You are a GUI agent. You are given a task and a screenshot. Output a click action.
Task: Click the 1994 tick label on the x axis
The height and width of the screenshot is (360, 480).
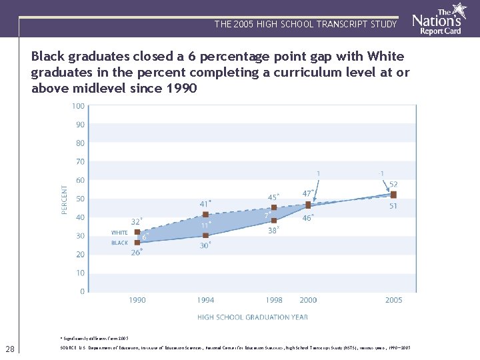(x=205, y=300)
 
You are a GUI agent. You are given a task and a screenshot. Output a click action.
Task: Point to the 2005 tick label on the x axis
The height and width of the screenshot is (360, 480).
(x=393, y=300)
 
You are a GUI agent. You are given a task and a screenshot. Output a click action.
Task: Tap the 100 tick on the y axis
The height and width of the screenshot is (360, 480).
(x=78, y=106)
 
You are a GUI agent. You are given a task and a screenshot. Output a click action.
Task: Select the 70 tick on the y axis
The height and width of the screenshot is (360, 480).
(x=79, y=162)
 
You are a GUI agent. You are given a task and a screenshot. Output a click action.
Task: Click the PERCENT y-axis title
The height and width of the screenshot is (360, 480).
(x=65, y=199)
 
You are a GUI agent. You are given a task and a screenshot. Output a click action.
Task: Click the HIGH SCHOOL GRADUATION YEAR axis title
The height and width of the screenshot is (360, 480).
(x=252, y=317)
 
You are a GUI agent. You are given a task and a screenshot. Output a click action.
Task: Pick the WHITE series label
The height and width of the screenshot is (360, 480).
(x=119, y=233)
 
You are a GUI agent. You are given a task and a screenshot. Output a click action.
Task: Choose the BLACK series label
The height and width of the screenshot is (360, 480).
(x=119, y=243)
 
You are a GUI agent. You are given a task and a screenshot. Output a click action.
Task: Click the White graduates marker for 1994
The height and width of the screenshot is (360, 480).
(x=205, y=215)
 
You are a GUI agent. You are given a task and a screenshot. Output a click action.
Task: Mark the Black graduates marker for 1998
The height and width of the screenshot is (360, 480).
(x=273, y=220)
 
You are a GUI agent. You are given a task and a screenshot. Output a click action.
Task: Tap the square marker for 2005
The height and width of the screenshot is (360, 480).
(x=393, y=195)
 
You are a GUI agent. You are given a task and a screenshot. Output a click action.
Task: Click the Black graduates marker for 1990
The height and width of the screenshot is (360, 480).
(x=137, y=243)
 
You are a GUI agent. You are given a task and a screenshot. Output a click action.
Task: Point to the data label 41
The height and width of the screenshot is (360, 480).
(x=205, y=203)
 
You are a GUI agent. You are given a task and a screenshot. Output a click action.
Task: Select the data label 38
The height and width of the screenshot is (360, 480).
(x=273, y=231)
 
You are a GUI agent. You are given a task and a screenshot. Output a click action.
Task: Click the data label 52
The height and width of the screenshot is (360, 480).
(x=393, y=185)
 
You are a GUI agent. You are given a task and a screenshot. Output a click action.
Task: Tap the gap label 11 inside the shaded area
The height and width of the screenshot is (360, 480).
(x=205, y=225)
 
